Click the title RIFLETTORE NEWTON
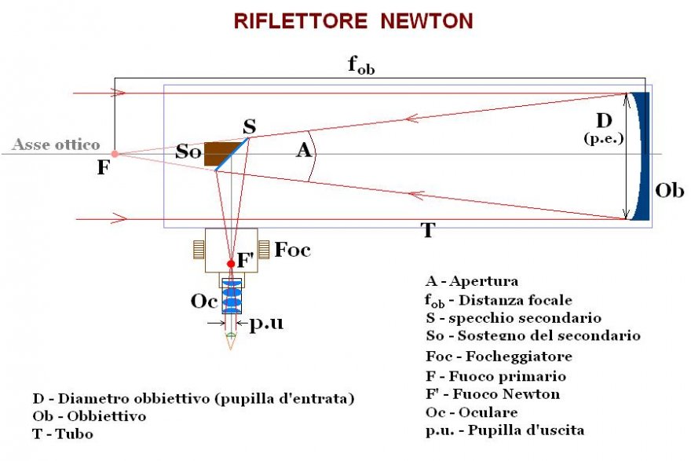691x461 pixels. [353, 21]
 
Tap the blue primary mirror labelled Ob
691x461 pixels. [642, 157]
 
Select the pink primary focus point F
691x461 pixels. [115, 154]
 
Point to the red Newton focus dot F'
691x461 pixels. [231, 263]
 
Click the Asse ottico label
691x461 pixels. [56, 145]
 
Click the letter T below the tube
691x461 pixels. [428, 230]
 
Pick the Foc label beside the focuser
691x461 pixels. [292, 251]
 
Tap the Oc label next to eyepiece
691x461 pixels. [203, 301]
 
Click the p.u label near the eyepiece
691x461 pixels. [266, 324]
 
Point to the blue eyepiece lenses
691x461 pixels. [231, 297]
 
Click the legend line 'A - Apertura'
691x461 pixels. [471, 281]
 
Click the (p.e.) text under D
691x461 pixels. [603, 139]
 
